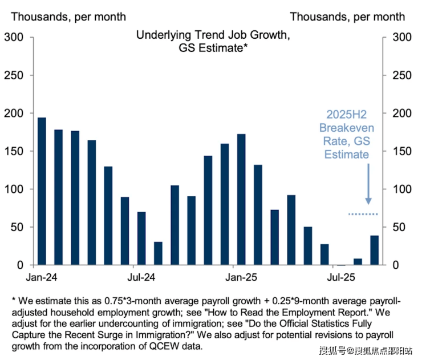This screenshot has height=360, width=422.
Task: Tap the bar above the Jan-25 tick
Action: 241,200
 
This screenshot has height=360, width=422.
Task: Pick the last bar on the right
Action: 375,250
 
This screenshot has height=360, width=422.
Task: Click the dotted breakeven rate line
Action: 363,214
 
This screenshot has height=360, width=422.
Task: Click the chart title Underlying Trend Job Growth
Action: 213,35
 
